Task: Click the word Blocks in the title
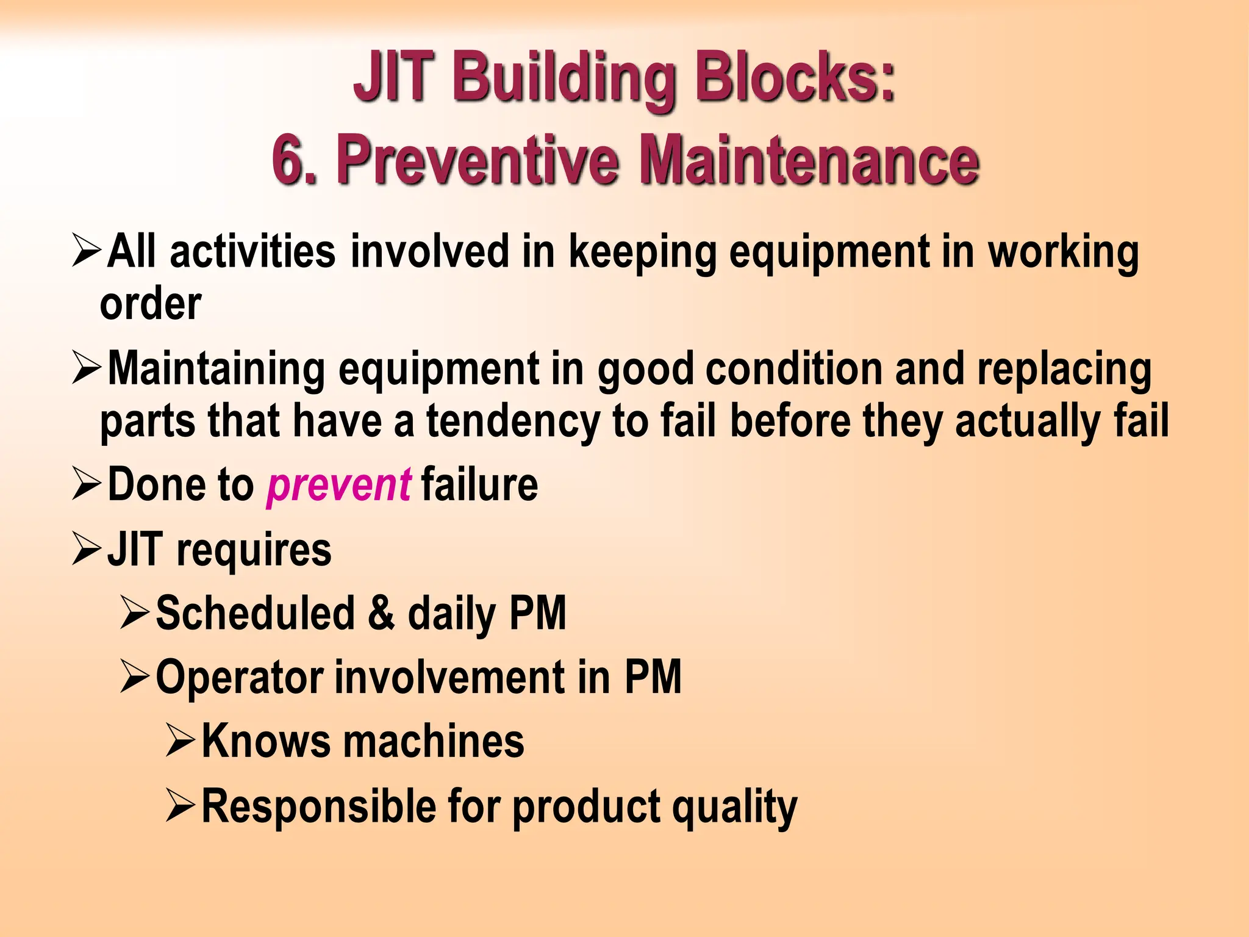pyautogui.click(x=795, y=78)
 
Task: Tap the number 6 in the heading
pyautogui.click(x=293, y=159)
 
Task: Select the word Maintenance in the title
pyautogui.click(x=809, y=159)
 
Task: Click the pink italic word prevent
pyautogui.click(x=339, y=485)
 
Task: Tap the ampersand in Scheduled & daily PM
pyautogui.click(x=382, y=613)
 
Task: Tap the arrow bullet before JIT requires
pyautogui.click(x=86, y=548)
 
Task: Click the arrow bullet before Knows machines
pyautogui.click(x=180, y=741)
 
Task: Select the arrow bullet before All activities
pyautogui.click(x=86, y=251)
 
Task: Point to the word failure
pyautogui.click(x=479, y=485)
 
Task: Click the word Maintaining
pyautogui.click(x=217, y=370)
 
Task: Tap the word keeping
pyautogui.click(x=643, y=252)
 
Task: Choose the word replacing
pyautogui.click(x=1064, y=370)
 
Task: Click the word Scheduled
pyautogui.click(x=256, y=613)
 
